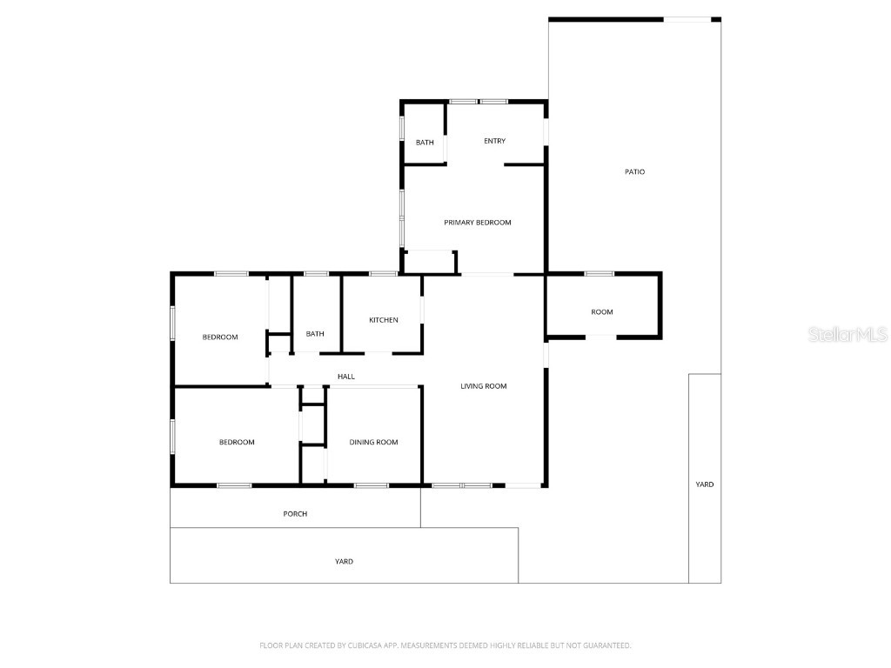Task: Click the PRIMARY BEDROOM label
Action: tap(478, 223)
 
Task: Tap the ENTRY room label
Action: tap(495, 141)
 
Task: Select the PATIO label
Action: tap(635, 172)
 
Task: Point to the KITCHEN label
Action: tap(384, 320)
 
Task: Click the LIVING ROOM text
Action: tap(484, 386)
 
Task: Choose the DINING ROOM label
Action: tap(374, 443)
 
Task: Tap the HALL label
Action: tap(346, 377)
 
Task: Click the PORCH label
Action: tap(296, 514)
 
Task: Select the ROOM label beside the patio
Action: tap(602, 312)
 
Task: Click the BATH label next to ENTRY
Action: tap(425, 143)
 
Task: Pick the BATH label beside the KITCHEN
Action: tap(315, 334)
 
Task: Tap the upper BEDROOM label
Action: tap(220, 337)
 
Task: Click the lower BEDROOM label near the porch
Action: tap(237, 443)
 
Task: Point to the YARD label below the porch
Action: tap(345, 562)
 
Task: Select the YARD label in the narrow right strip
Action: tap(705, 484)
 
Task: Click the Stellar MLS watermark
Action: tap(847, 335)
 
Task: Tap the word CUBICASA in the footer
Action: tap(371, 645)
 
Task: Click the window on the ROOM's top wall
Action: tap(600, 274)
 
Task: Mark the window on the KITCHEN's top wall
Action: tap(384, 274)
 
